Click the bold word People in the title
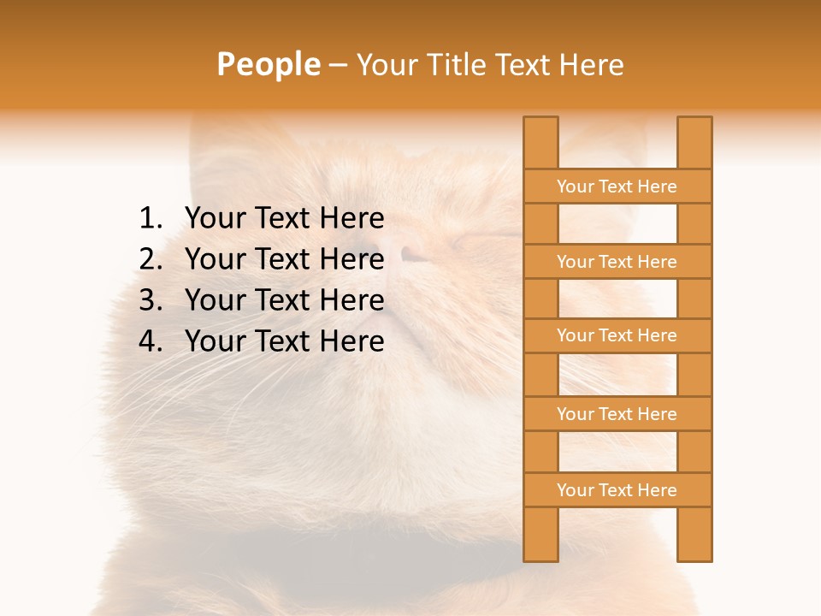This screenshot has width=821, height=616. [x=268, y=64]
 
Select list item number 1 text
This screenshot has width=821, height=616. [x=284, y=219]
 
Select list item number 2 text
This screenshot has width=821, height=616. [x=284, y=259]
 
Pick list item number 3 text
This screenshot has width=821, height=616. [x=284, y=300]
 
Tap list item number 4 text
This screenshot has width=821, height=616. [x=284, y=341]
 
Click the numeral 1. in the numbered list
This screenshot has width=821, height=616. [x=151, y=219]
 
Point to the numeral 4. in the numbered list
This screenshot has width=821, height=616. [x=151, y=341]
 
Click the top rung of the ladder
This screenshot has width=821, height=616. [x=617, y=187]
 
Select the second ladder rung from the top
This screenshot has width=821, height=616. [x=617, y=262]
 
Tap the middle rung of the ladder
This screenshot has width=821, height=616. [x=617, y=335]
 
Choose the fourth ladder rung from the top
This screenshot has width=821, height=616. [x=617, y=414]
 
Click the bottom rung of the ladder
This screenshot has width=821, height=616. [x=617, y=490]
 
